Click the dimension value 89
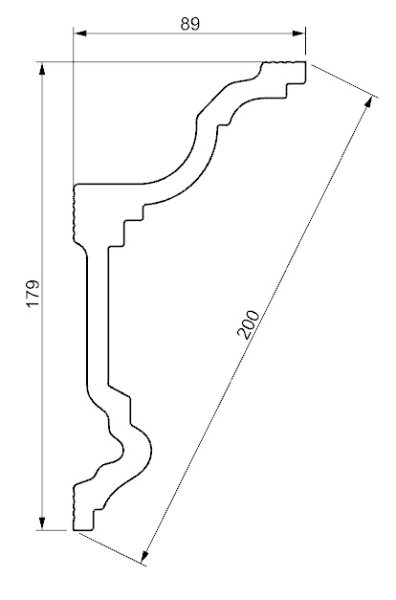click(190, 24)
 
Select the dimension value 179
click(33, 294)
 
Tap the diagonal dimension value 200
click(249, 324)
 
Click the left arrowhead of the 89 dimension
click(80, 33)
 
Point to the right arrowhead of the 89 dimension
click(298, 33)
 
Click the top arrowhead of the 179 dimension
click(42, 69)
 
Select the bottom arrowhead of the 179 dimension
click(42, 523)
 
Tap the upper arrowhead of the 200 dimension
click(369, 102)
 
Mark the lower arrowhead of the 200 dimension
click(145, 557)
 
